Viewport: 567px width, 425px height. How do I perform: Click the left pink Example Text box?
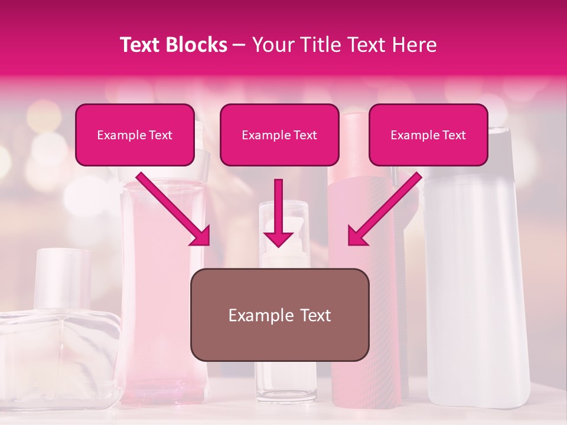(135, 135)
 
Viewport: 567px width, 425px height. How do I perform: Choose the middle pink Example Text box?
(279, 135)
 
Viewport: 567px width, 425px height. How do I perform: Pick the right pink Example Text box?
(428, 135)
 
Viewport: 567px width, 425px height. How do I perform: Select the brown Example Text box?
(279, 315)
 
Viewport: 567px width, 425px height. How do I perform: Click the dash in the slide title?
(240, 45)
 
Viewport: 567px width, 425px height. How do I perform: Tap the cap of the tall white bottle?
(499, 145)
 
